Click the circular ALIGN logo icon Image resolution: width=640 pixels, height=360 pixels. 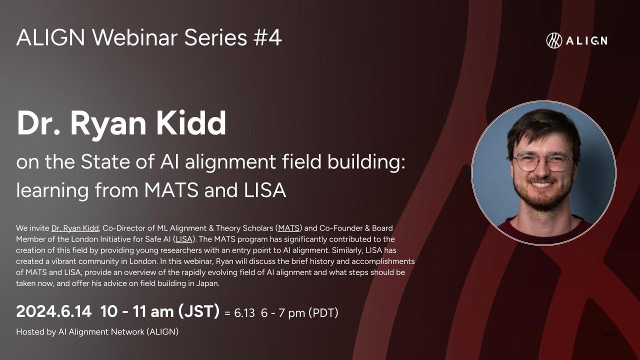click(x=554, y=40)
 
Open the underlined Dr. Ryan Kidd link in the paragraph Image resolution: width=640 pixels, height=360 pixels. click(x=75, y=228)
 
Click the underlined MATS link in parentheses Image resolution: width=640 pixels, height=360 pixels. click(x=288, y=228)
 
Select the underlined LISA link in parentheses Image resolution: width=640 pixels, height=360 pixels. click(x=183, y=239)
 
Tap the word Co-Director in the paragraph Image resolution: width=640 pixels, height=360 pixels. click(x=123, y=228)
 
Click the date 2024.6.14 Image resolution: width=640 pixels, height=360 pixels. click(x=53, y=312)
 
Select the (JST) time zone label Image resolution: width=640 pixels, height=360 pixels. click(x=198, y=312)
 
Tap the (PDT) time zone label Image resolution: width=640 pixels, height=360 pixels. click(x=323, y=313)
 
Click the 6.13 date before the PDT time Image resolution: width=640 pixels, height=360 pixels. click(x=244, y=313)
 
